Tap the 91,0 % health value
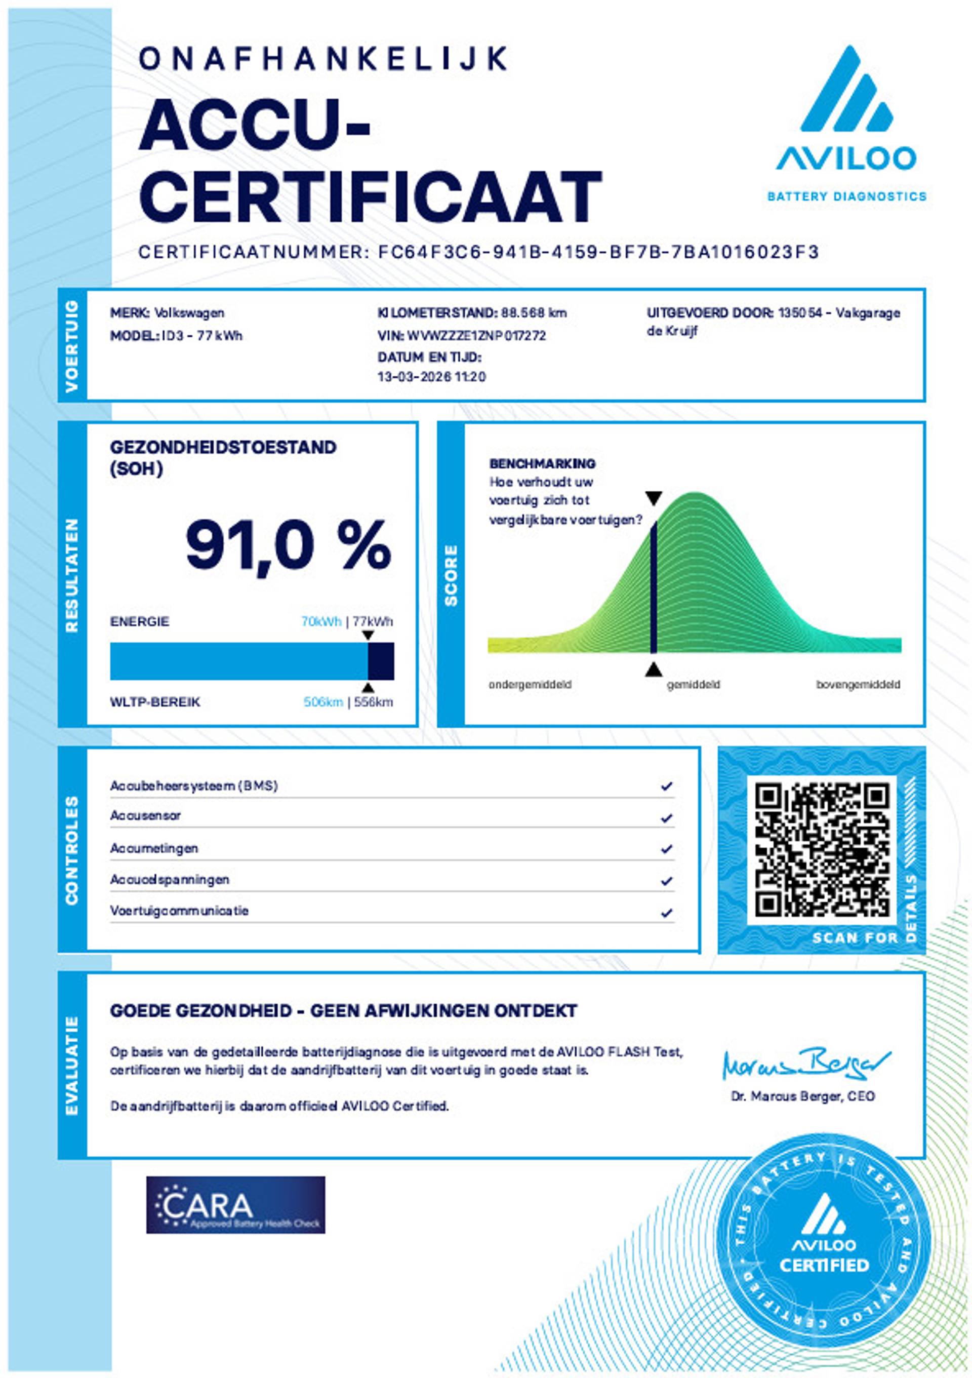288,546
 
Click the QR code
822,849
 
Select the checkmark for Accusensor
666,818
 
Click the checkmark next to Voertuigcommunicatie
666,914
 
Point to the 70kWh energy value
321,622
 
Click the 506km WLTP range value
323,701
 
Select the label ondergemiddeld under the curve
530,685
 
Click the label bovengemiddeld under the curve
858,685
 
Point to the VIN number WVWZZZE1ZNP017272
476,335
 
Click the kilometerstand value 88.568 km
534,312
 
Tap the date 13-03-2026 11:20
431,377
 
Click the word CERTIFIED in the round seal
824,1265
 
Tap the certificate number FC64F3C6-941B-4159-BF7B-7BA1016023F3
598,252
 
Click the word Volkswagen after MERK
189,312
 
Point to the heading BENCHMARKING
542,463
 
